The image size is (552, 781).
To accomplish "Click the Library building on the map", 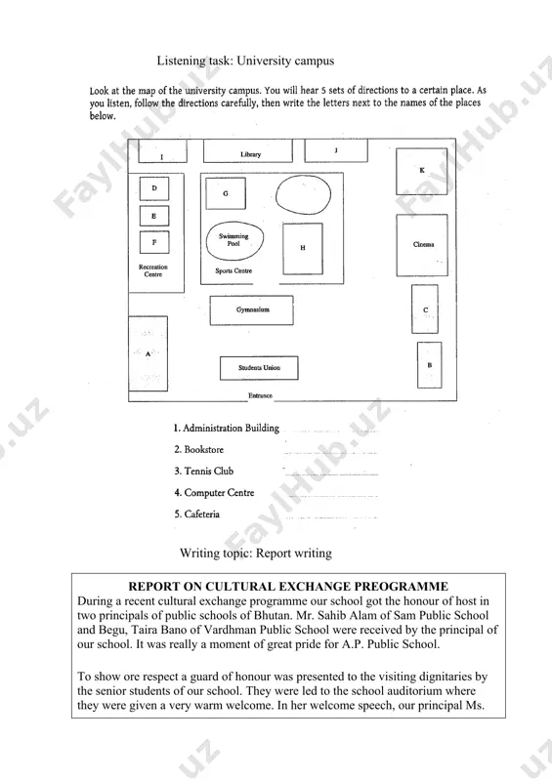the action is pyautogui.click(x=248, y=151).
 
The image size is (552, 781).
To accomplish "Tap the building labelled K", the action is pyautogui.click(x=422, y=172).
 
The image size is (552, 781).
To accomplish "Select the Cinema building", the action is pyautogui.click(x=422, y=245).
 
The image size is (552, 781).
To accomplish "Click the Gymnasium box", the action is pyautogui.click(x=251, y=310).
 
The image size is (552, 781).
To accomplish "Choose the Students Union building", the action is pyautogui.click(x=259, y=368).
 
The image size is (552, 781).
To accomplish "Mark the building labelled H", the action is pyautogui.click(x=303, y=249).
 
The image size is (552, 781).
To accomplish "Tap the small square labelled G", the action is pyautogui.click(x=226, y=193).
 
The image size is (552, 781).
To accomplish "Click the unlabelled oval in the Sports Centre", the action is pyautogui.click(x=303, y=194).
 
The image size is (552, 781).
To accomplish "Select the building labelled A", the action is pyautogui.click(x=149, y=353).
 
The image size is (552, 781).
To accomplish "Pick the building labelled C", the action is pyautogui.click(x=425, y=309).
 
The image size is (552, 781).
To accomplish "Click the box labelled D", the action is pyautogui.click(x=154, y=188).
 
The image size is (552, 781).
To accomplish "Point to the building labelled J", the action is pyautogui.click(x=336, y=151).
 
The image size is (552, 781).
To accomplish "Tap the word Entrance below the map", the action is pyautogui.click(x=260, y=395).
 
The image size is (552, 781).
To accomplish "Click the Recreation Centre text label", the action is pyautogui.click(x=153, y=270).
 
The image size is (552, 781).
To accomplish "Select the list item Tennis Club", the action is pyautogui.click(x=203, y=471).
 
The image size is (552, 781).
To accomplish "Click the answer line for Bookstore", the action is pyautogui.click(x=329, y=453).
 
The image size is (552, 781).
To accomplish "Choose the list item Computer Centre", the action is pyautogui.click(x=214, y=493).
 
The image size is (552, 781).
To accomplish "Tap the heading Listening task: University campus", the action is pyautogui.click(x=245, y=61).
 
